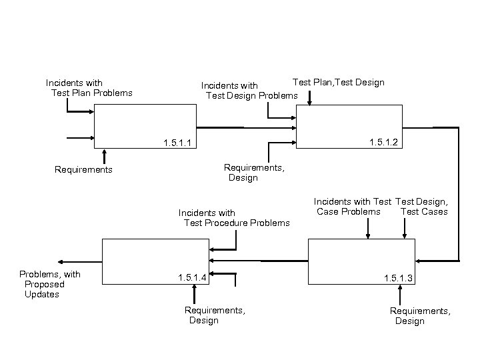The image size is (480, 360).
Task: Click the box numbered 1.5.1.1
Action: tap(147, 127)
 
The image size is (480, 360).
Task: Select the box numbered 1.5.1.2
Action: tap(350, 126)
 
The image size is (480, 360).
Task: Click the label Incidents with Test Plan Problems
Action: tap(89, 88)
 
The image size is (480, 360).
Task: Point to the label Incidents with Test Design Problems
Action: tap(250, 91)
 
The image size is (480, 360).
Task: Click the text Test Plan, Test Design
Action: tap(339, 82)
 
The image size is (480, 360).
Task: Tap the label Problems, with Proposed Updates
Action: tap(49, 284)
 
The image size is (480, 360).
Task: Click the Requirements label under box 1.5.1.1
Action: tap(83, 170)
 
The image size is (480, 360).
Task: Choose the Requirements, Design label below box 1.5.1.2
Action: tap(254, 173)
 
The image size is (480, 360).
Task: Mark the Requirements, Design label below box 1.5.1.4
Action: tap(214, 315)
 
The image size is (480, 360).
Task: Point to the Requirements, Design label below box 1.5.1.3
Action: tap(420, 316)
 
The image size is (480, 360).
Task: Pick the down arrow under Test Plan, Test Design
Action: tap(310, 97)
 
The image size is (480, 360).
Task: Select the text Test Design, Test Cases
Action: tap(422, 207)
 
